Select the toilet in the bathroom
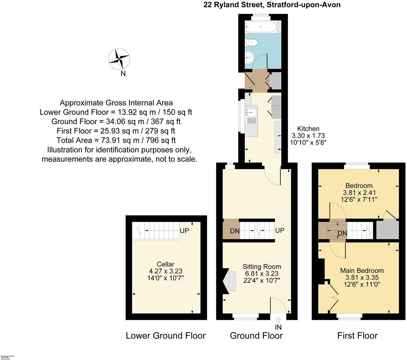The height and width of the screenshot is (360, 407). [x=252, y=43]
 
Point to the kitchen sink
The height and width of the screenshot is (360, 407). [x=251, y=112]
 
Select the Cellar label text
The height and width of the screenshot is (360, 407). [x=165, y=264]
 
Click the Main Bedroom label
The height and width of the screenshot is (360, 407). [x=362, y=271]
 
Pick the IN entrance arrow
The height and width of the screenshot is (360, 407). [x=279, y=321]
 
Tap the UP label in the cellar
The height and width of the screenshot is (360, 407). [x=184, y=231]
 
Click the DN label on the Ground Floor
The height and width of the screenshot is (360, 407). [x=235, y=231]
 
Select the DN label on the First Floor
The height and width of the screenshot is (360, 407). [x=342, y=234]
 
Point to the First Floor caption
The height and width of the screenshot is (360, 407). [x=357, y=335]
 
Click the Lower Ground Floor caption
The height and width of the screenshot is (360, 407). [x=165, y=335]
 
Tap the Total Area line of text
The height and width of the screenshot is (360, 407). [x=116, y=140]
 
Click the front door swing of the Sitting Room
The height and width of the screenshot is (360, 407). [x=279, y=305]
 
